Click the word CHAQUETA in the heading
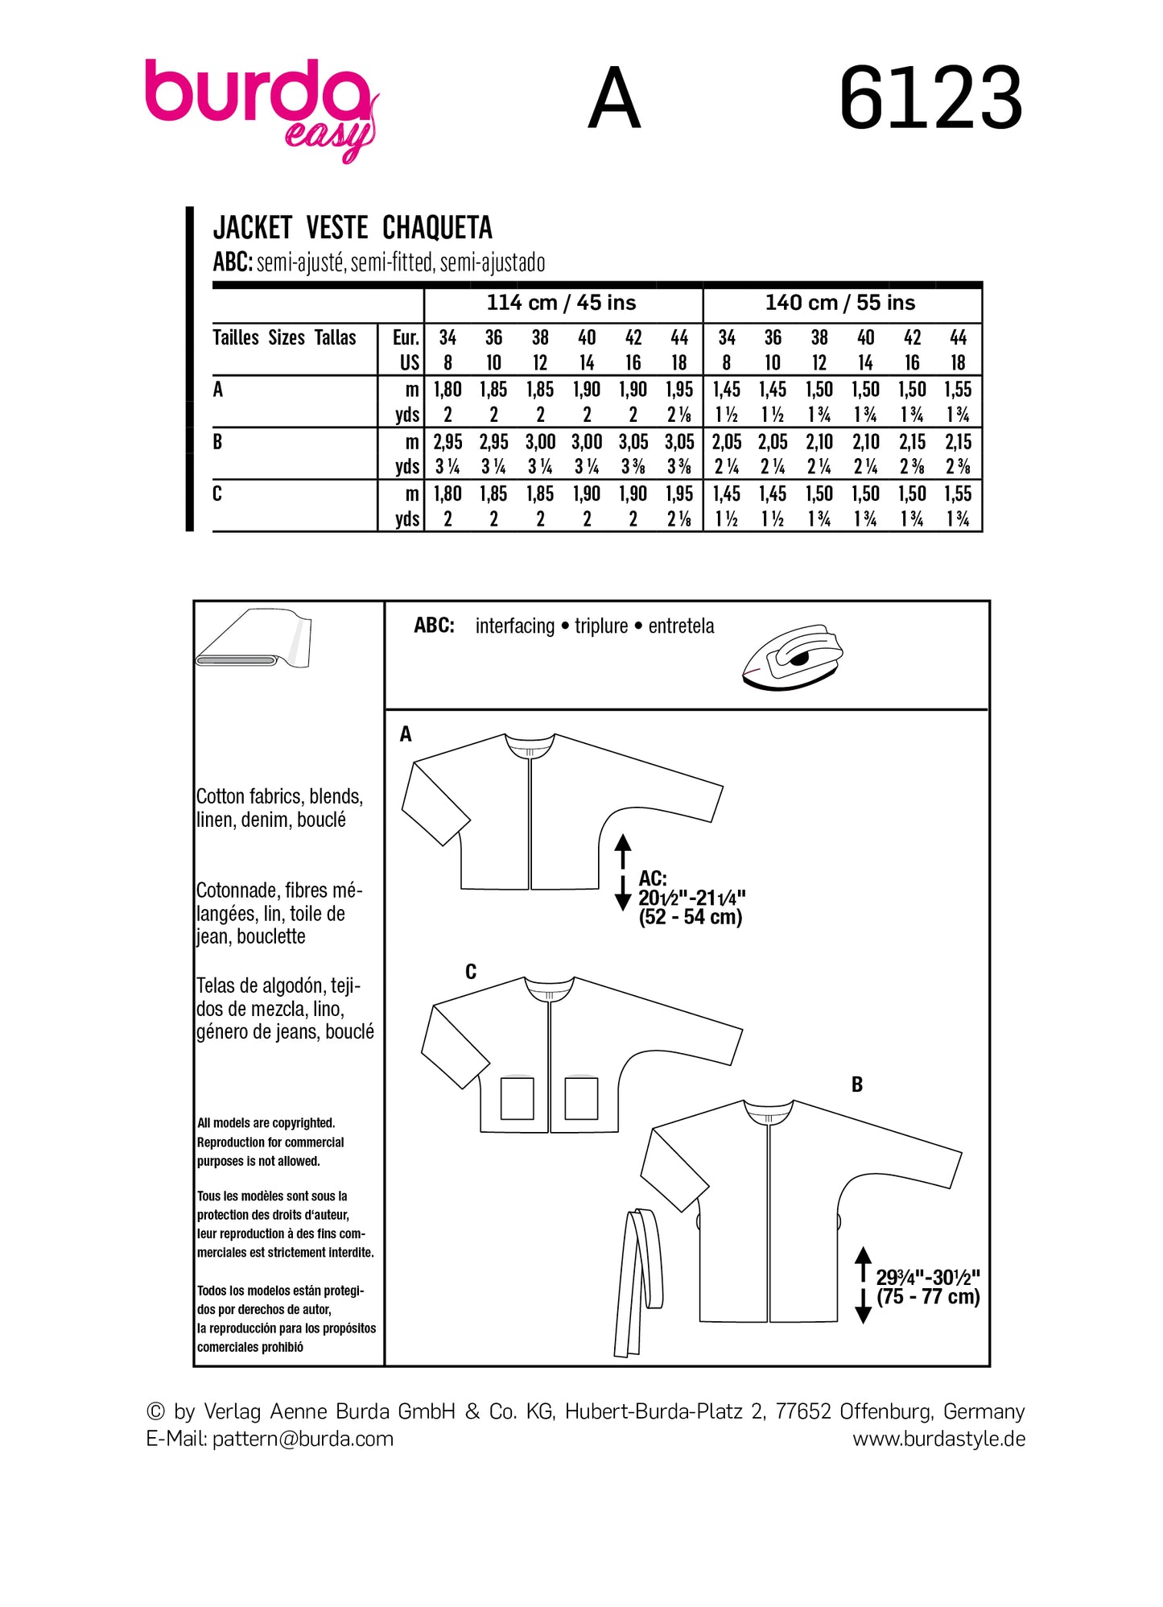pos(437,228)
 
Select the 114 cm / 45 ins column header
pos(561,303)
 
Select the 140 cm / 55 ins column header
pos(839,303)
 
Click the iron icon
pos(793,656)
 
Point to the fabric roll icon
pos(254,640)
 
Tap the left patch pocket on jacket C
pos(517,1098)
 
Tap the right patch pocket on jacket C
pos(581,1098)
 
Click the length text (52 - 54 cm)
pos(690,917)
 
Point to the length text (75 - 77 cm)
pos(928,1296)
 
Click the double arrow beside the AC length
pos(622,873)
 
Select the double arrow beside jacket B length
pos(863,1285)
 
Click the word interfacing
pos(514,626)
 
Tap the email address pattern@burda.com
pos(303,1439)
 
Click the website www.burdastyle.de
pos(938,1439)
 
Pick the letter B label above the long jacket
pos(856,1084)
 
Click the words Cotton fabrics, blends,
pos(279,796)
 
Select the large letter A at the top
pos(614,99)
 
